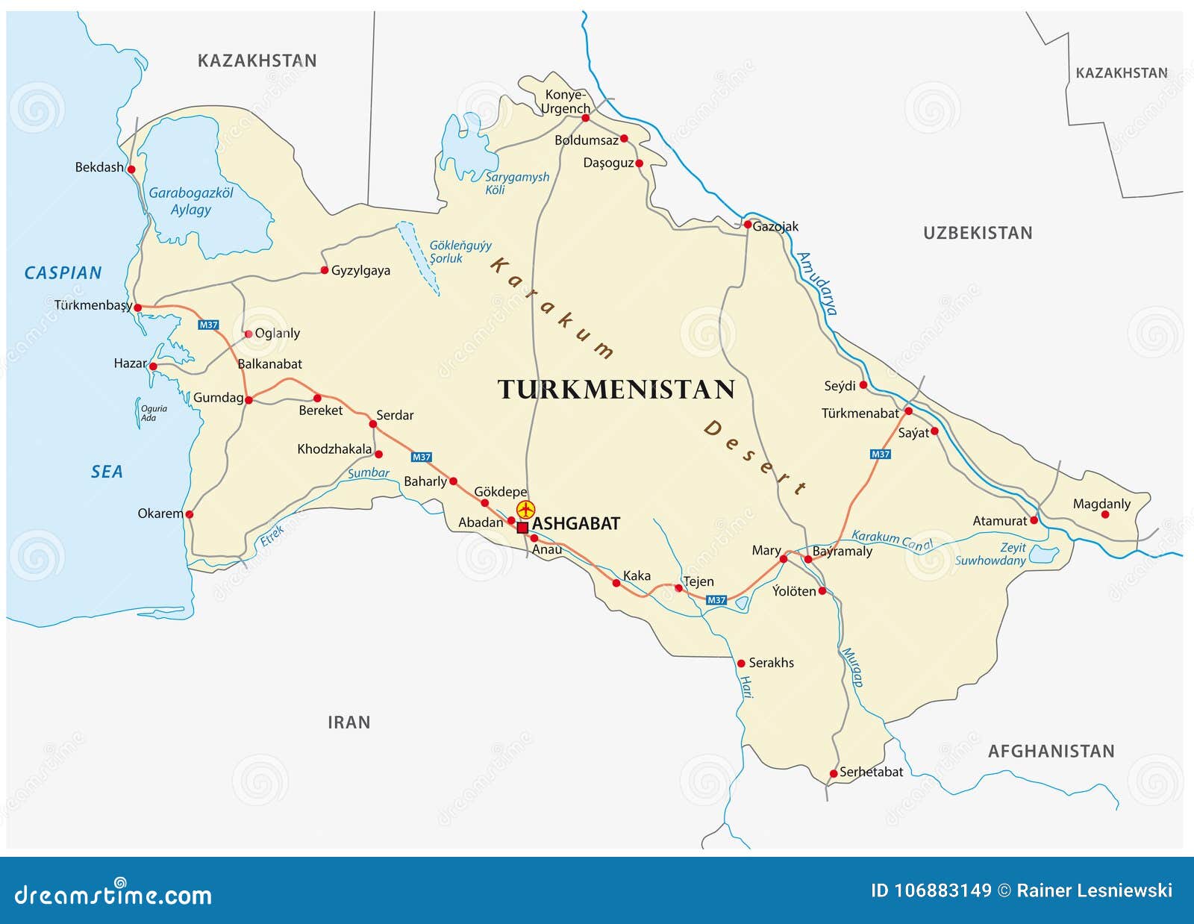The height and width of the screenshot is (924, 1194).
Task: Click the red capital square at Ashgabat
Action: (522, 528)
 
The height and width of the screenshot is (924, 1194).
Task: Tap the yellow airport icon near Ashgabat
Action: (526, 510)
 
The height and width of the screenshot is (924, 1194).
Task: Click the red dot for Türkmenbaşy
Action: (137, 307)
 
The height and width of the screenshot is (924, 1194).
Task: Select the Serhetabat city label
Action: (871, 772)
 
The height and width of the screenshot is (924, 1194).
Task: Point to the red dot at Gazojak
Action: (748, 225)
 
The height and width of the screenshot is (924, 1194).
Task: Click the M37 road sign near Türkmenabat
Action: (881, 454)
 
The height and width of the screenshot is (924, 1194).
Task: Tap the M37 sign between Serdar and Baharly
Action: (422, 457)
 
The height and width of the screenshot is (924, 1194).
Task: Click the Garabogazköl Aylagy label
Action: (191, 201)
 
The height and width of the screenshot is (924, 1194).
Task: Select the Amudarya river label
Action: (818, 284)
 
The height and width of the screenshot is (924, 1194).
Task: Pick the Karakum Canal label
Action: (892, 540)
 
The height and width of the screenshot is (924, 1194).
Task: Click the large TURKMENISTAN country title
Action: (616, 390)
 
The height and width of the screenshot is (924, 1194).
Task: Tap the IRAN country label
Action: (348, 722)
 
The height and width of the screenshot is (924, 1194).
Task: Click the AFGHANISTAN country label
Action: (1051, 752)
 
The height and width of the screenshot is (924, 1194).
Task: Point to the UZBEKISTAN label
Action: (978, 233)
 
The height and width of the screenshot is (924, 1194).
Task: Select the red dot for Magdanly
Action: (1105, 514)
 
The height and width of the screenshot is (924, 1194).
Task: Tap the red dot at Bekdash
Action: (131, 169)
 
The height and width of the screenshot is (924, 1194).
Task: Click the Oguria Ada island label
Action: (152, 413)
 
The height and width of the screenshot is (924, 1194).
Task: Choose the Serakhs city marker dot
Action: (741, 663)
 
